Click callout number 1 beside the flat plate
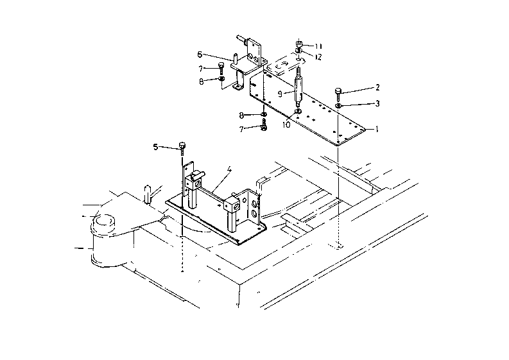(377, 129)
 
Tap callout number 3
(377, 103)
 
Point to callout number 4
(229, 171)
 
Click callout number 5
(155, 147)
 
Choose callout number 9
(279, 93)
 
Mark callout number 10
(286, 124)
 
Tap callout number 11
(319, 46)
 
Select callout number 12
(319, 57)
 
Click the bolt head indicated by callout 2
(339, 91)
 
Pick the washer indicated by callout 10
(298, 112)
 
